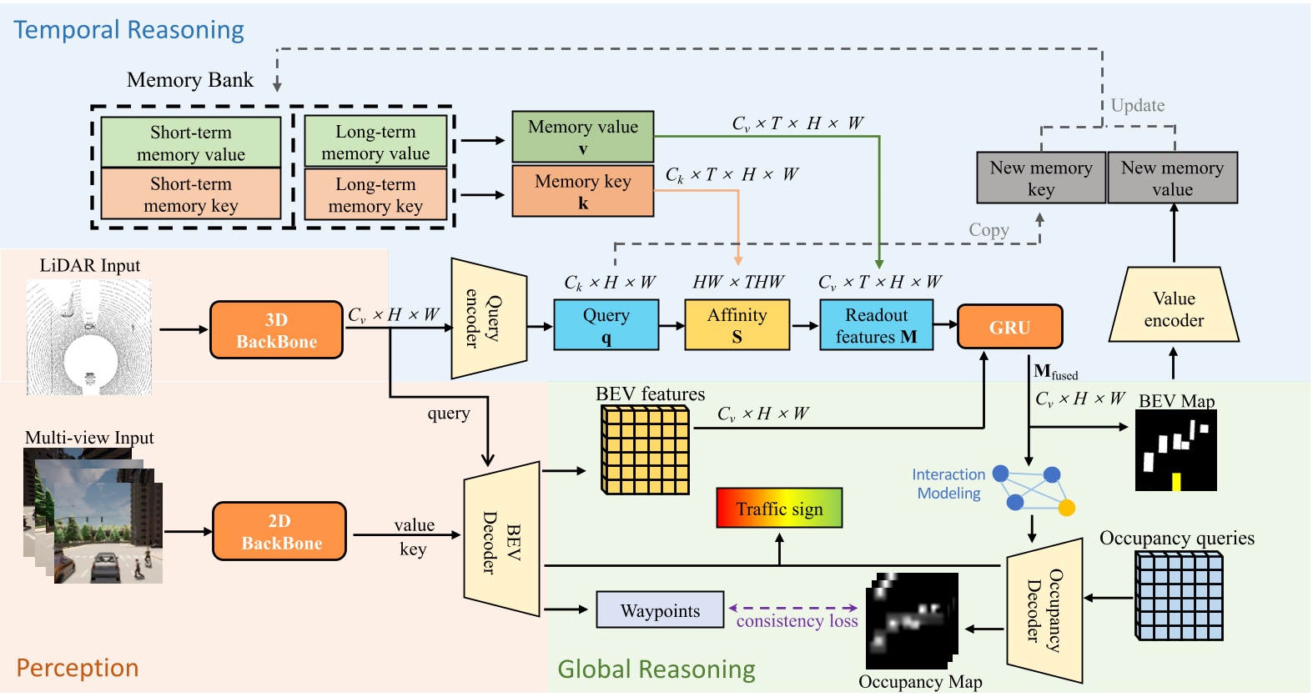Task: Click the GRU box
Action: coord(1009,327)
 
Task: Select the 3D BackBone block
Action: coord(276,330)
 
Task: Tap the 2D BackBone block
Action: coord(279,532)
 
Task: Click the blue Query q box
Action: coord(606,325)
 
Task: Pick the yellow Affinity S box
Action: coord(737,325)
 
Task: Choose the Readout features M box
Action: coord(876,325)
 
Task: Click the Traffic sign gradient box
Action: coord(779,509)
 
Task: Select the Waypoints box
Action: coord(660,610)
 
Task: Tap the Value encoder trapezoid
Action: coord(1174,308)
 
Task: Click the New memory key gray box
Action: coord(1040,178)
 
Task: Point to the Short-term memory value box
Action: coord(190,143)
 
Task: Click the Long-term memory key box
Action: coord(375,194)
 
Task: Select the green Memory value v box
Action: coord(582,137)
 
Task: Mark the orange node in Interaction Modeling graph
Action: coord(1066,508)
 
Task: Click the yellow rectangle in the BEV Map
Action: coord(1176,482)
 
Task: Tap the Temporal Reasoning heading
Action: coord(128,30)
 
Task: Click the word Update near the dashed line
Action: coord(1138,106)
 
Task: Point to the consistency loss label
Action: coord(797,621)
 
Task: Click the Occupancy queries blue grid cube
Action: coord(1179,597)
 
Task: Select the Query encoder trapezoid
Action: coord(489,318)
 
